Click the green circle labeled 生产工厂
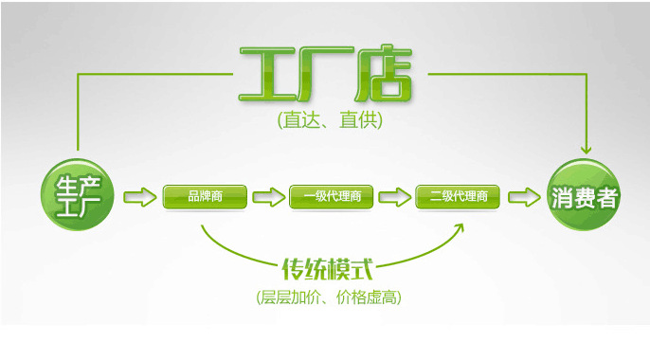pyautogui.click(x=78, y=197)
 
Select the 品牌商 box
pyautogui.click(x=205, y=197)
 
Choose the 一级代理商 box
pyautogui.click(x=332, y=197)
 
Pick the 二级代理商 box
pyautogui.click(x=459, y=197)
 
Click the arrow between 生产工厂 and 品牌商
pyautogui.click(x=138, y=197)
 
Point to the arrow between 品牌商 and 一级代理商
pyautogui.click(x=268, y=197)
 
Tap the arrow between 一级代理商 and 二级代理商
pyautogui.click(x=395, y=197)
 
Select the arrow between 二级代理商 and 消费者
pyautogui.click(x=521, y=197)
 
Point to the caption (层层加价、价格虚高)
pyautogui.click(x=328, y=297)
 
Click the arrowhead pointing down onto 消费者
pyautogui.click(x=586, y=148)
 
